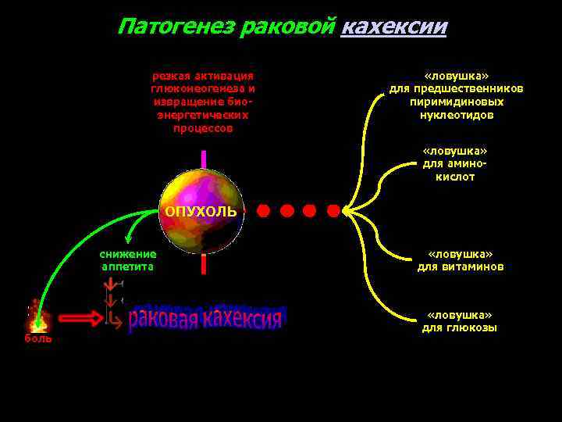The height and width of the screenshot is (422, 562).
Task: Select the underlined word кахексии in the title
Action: (394, 27)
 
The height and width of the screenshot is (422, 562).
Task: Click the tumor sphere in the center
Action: (202, 212)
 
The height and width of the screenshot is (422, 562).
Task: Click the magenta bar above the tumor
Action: (203, 159)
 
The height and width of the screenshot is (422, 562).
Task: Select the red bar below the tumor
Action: (203, 264)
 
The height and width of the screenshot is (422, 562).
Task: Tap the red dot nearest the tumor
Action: (264, 211)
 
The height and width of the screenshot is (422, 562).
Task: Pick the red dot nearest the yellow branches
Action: (333, 211)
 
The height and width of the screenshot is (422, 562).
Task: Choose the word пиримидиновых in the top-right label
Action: (457, 102)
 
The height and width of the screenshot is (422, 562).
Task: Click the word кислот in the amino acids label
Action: (455, 177)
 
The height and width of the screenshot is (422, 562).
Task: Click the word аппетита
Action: (128, 266)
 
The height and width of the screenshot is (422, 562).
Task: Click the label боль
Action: (37, 339)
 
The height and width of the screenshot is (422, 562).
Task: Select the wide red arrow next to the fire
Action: (80, 318)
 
